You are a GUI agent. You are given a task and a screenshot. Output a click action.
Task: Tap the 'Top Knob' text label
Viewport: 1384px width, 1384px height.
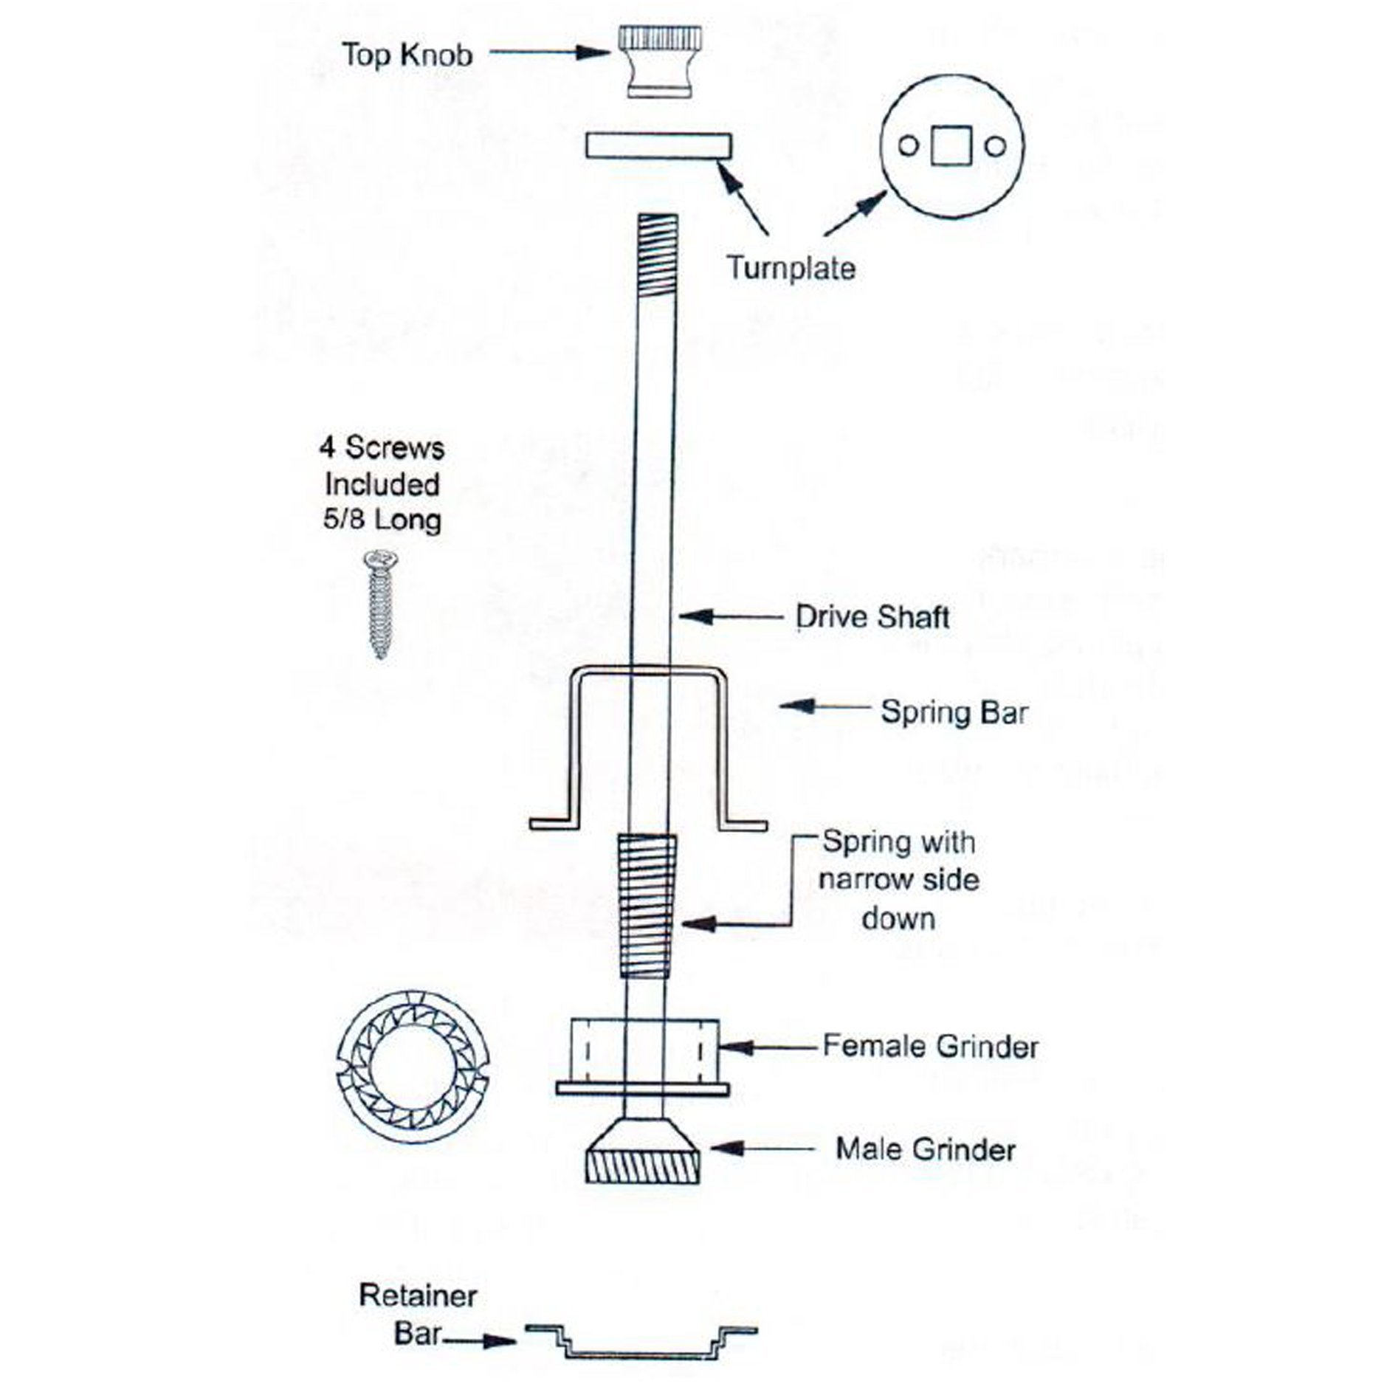tap(407, 55)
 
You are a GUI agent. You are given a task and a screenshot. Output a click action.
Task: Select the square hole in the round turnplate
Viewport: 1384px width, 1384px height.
tap(952, 146)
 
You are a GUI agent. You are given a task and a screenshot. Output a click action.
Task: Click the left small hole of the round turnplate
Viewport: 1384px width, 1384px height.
tap(909, 146)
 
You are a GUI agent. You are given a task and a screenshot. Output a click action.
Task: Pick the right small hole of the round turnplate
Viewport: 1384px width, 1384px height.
tap(995, 146)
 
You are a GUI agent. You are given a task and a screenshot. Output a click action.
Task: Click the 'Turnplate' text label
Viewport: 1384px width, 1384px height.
tap(791, 267)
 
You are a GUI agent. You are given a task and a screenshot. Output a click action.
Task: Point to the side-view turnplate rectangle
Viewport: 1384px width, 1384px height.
tap(658, 145)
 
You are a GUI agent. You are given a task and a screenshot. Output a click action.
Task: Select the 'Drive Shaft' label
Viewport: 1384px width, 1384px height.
tap(873, 617)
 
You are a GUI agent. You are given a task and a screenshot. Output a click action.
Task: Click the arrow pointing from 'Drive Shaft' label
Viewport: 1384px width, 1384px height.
tap(731, 614)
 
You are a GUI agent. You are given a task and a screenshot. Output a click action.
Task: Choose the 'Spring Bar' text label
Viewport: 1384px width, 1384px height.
tap(954, 712)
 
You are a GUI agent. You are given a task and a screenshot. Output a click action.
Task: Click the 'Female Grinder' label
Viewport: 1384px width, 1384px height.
tap(931, 1047)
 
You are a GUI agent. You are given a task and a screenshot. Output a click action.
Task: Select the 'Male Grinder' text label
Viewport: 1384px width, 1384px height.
tap(926, 1149)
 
